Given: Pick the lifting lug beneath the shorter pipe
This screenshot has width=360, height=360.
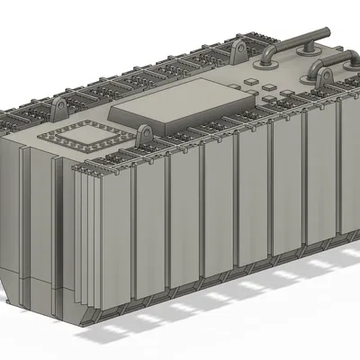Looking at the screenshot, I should point(321,79).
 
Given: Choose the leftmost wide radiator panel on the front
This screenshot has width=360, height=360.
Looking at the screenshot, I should point(115,238).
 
